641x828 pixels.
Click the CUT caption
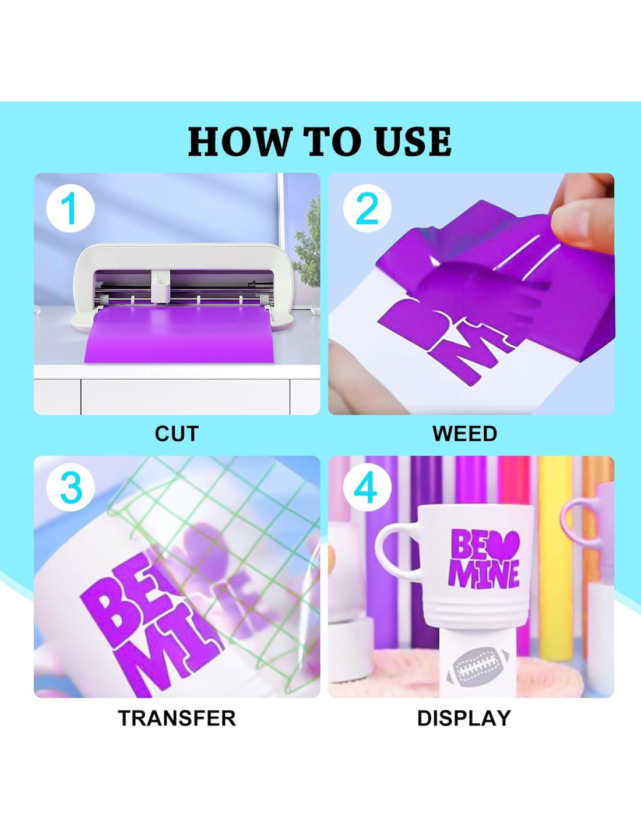(x=177, y=434)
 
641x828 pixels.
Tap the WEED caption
(x=465, y=434)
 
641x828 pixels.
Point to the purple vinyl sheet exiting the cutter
(x=182, y=334)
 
